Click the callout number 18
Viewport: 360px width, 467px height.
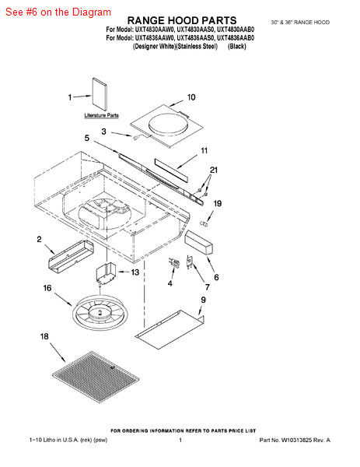coord(44,336)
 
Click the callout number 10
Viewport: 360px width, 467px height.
coord(191,97)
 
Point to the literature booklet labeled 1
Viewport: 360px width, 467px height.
coord(100,94)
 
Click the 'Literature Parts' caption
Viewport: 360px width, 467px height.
coord(101,115)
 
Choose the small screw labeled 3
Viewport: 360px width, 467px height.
coord(136,137)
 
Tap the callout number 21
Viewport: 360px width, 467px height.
coord(214,170)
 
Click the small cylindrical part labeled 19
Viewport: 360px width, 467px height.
coord(203,223)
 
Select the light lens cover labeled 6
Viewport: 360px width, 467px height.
coord(199,242)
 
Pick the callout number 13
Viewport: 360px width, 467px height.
coord(135,272)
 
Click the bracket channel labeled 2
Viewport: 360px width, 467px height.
coord(71,256)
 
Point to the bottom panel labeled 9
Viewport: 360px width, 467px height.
coord(170,327)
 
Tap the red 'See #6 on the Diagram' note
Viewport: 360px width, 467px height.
coord(58,12)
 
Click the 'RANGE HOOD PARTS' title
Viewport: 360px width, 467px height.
coord(182,20)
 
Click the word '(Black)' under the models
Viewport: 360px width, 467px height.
coord(237,46)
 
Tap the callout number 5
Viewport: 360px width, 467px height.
coord(87,138)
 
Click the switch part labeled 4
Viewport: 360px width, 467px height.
coord(174,263)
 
